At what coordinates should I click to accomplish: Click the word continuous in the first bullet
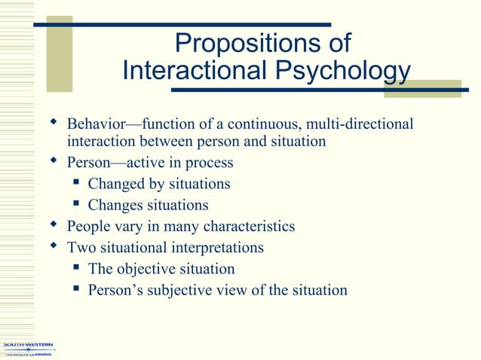click(269, 123)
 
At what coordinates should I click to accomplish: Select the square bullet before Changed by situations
click(76, 183)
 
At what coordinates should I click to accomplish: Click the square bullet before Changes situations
click(76, 204)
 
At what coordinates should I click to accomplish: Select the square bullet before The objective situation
click(76, 267)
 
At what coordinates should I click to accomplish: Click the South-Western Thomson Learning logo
click(28, 349)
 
